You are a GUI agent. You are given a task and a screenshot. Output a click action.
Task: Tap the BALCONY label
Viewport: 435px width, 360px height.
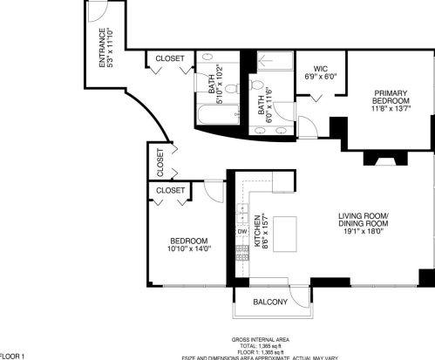tap(270, 302)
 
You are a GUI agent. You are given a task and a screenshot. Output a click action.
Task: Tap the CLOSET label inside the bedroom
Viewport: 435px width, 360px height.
tap(169, 189)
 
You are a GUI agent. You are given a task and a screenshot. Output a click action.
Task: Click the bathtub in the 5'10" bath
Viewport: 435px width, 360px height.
tap(209, 114)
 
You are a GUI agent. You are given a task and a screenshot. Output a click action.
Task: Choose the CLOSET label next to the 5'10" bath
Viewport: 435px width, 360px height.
tap(170, 58)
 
